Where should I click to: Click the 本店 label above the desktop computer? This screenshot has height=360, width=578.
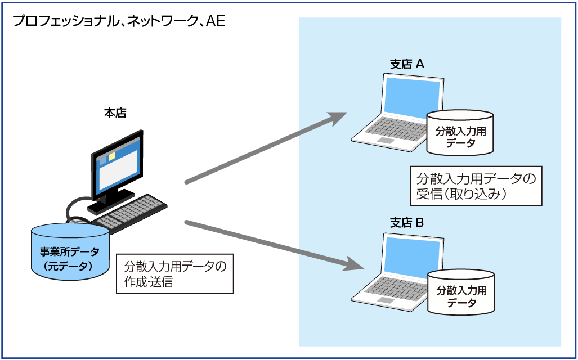pyautogui.click(x=115, y=113)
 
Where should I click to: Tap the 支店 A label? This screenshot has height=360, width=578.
pyautogui.click(x=407, y=65)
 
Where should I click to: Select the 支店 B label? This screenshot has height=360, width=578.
pyautogui.click(x=406, y=223)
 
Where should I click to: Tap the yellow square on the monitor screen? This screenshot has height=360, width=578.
pyautogui.click(x=112, y=156)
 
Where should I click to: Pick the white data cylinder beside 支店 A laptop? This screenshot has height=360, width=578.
pyautogui.click(x=460, y=132)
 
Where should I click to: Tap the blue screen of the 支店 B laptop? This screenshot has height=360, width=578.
pyautogui.click(x=412, y=255)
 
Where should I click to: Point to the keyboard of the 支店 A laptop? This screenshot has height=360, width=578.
pyautogui.click(x=395, y=129)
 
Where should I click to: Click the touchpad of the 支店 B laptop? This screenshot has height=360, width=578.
pyautogui.click(x=386, y=300)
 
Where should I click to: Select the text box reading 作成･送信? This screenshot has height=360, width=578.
pyautogui.click(x=174, y=273)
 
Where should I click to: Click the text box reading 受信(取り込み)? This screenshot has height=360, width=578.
pyautogui.click(x=476, y=186)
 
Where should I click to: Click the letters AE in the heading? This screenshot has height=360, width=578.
pyautogui.click(x=216, y=21)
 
